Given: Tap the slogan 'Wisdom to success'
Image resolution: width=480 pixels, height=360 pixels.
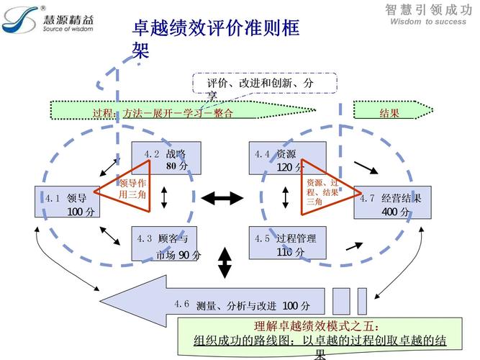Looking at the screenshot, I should (428, 22).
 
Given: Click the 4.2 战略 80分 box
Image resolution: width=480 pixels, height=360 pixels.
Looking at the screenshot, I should (166, 158).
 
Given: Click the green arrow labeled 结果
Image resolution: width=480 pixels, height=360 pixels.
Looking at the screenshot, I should (392, 112).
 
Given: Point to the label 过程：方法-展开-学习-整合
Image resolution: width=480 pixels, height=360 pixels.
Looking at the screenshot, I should (163, 113).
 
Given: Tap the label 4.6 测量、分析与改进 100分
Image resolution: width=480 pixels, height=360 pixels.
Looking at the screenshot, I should (241, 305).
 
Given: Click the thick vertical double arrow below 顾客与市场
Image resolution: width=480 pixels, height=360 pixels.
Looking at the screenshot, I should (225, 263).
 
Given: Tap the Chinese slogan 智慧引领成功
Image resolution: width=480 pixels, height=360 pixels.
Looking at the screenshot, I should (428, 9).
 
